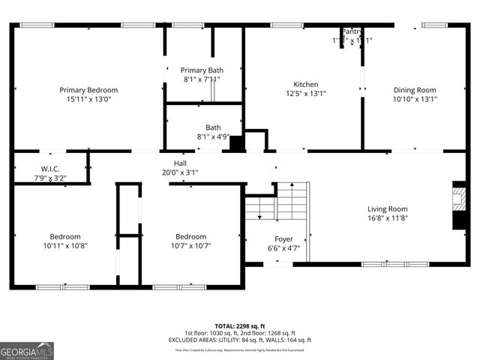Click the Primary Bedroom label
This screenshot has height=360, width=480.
coord(88,90)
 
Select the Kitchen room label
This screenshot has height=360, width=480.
coord(305,85)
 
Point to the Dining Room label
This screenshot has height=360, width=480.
coord(415,90)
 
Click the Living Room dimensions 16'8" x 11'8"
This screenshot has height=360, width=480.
coord(387,218)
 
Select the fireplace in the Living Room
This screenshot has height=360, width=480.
coord(457,207)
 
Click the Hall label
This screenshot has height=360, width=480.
coord(180,162)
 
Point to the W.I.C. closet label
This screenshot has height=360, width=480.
coord(51,169)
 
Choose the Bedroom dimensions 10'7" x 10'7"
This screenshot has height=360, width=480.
coord(190,245)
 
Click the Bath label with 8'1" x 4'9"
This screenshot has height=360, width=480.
coord(213,127)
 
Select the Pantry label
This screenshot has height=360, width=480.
coord(351,31)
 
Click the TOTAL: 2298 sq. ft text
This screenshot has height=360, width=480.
coord(240,326)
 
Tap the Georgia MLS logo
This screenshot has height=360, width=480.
coord(27,351)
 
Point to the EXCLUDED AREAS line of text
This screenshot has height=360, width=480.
coord(240,340)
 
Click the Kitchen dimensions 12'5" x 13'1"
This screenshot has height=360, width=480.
coord(305,94)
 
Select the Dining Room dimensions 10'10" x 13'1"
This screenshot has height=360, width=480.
coord(415,99)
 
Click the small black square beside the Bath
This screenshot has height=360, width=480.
coord(237,143)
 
